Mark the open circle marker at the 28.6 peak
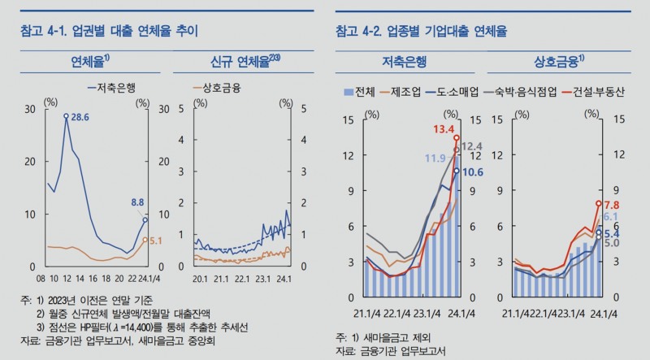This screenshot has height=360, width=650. (67, 116)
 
